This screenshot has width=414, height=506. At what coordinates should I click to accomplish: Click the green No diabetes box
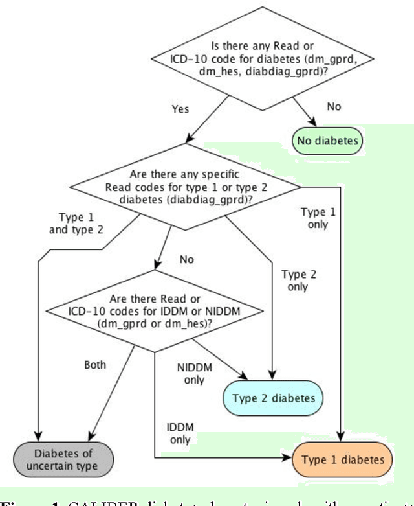(x=327, y=139)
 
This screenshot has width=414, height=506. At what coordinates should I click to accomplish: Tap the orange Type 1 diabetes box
(x=342, y=459)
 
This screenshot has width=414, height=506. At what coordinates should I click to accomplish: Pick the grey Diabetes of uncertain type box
(x=65, y=459)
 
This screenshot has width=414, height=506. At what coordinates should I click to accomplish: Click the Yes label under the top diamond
(x=180, y=109)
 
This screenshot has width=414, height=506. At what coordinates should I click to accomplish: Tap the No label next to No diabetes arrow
(x=334, y=106)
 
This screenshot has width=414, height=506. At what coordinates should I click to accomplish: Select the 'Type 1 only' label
(x=314, y=218)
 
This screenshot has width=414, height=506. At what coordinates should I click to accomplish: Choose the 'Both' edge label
(x=95, y=365)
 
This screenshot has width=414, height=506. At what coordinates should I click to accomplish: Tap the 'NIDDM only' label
(x=193, y=373)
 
